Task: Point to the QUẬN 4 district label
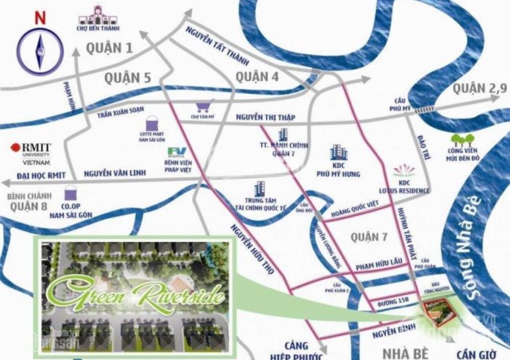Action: tap(256, 77)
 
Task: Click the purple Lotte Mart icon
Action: tap(154, 121)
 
